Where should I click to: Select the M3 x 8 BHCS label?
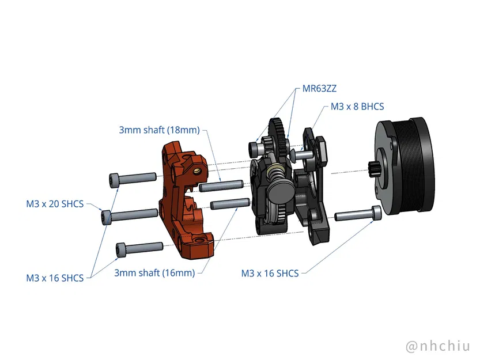357,107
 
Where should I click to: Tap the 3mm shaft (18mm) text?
159,130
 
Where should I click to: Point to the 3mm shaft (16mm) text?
154,272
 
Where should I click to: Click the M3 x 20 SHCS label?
55,203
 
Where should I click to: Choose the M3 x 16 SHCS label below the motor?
270,273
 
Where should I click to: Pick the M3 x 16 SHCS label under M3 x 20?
55,278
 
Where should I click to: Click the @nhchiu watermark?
438,346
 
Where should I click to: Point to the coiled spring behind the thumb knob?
275,172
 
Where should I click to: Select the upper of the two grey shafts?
220,186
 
